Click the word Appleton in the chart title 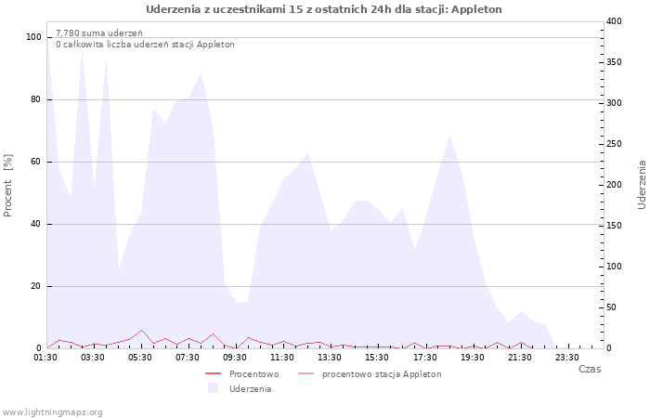coord(476,9)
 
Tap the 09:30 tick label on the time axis coord(235,358)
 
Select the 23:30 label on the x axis coord(567,358)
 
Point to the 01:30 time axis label coord(45,358)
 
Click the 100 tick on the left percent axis coord(33,37)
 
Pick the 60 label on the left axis coord(36,162)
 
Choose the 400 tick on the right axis coord(614,21)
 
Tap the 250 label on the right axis coord(614,144)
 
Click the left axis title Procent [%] coord(7,186)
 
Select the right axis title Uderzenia coord(642,185)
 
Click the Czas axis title coord(590,369)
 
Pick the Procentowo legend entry coord(242,374)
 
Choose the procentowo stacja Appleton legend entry coord(370,374)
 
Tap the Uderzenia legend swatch coord(213,388)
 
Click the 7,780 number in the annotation coord(68,33)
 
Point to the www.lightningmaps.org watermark coord(51,412)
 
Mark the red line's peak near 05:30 coord(142,330)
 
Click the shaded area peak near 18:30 coord(449,136)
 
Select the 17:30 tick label coord(425,358)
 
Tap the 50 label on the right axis coord(611,307)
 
